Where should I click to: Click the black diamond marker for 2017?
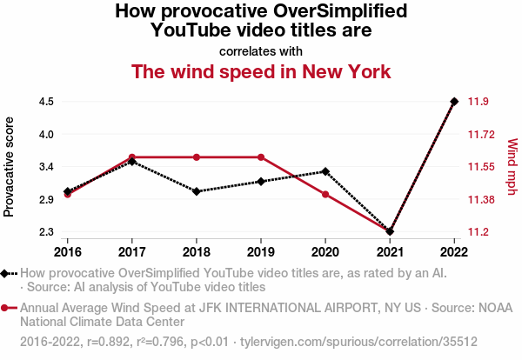click(131, 162)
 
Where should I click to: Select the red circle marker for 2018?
click(197, 157)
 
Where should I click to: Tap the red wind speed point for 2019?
click(261, 157)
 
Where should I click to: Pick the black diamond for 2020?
click(325, 171)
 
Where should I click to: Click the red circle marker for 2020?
click(325, 194)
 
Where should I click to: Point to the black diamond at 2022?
click(454, 102)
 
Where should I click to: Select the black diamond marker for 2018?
click(197, 191)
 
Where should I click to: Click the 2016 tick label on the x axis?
click(67, 252)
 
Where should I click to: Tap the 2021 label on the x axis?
click(390, 252)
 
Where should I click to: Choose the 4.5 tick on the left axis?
click(47, 102)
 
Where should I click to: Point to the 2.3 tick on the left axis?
click(47, 232)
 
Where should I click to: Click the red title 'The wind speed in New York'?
click(261, 71)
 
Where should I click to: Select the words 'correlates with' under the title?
click(261, 50)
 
